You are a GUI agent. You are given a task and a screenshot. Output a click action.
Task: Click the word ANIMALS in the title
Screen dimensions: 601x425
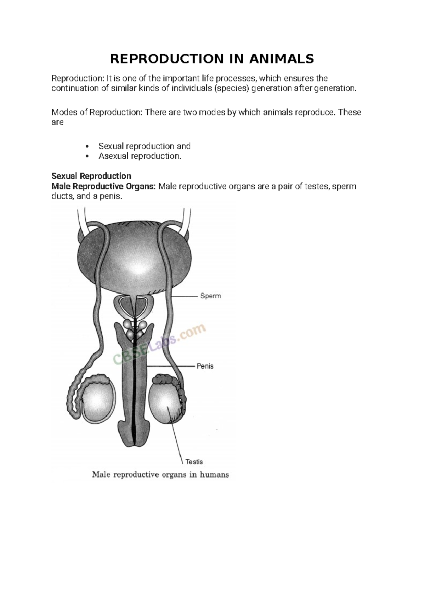pos(281,59)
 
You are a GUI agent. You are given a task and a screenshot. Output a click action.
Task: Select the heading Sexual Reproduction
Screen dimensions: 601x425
pos(91,176)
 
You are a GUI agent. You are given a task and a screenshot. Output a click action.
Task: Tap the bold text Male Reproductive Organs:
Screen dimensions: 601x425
pos(103,186)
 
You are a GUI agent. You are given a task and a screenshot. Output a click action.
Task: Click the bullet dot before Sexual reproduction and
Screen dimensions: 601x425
pos(87,147)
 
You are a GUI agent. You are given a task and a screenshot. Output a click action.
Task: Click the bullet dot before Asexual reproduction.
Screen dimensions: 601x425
pos(87,157)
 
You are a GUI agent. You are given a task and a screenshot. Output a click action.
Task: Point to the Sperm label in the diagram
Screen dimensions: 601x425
pos(210,296)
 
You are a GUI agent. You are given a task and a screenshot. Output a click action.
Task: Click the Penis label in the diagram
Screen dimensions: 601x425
pos(205,366)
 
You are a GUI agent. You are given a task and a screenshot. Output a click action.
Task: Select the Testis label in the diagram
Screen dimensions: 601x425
pos(194,462)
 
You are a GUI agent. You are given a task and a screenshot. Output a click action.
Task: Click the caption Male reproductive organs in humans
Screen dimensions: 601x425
pos(160,474)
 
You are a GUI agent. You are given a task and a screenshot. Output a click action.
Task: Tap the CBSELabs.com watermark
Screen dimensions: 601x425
pos(159,344)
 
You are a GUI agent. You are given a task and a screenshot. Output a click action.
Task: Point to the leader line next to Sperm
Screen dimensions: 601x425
pos(184,296)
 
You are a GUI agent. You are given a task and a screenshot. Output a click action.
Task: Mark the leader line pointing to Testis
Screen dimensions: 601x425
pos(177,436)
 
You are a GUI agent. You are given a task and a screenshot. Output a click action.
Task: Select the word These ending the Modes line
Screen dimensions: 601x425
pos(349,112)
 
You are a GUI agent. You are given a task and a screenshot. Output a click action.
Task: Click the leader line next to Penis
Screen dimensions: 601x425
pos(170,366)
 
